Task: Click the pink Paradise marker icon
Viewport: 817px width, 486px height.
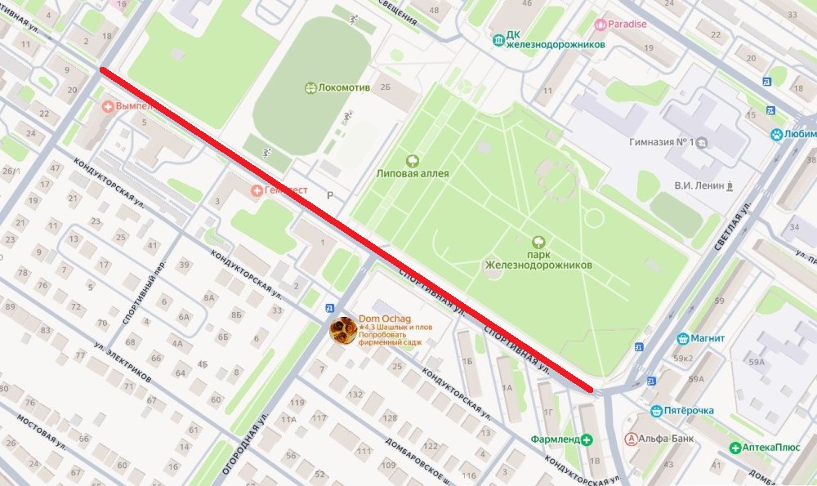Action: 602,24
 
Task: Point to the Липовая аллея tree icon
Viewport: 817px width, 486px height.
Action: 413,161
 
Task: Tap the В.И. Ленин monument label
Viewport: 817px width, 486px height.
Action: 699,185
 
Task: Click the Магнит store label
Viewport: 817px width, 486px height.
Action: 708,338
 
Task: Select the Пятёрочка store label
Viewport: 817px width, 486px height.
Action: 688,410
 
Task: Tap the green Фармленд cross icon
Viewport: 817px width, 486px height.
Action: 587,439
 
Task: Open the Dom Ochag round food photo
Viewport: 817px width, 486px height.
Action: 342,330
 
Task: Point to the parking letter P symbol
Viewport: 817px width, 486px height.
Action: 331,196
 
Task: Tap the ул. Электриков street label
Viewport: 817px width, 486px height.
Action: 122,363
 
